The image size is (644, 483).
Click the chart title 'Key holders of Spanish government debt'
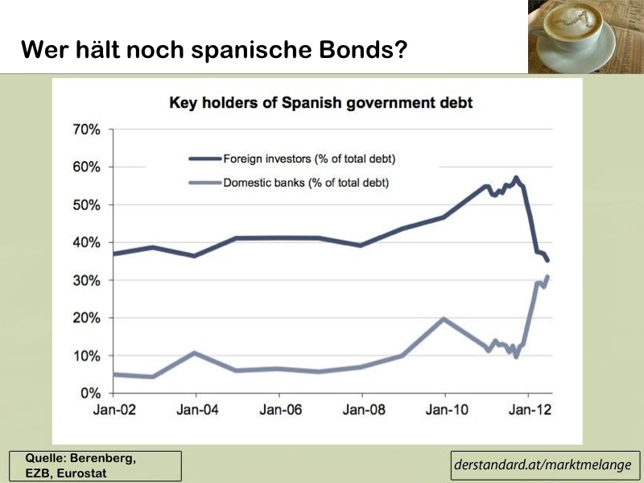pyautogui.click(x=320, y=102)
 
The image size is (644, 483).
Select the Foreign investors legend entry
pyautogui.click(x=292, y=159)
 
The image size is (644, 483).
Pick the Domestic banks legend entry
pyautogui.click(x=289, y=183)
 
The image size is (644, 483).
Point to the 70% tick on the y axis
pyautogui.click(x=87, y=130)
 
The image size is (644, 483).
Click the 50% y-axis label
pyautogui.click(x=87, y=205)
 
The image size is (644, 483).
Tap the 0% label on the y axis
pyautogui.click(x=90, y=394)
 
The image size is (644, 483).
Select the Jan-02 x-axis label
pyautogui.click(x=114, y=410)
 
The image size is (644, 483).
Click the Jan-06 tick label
pyautogui.click(x=280, y=410)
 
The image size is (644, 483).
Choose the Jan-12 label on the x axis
pyautogui.click(x=530, y=410)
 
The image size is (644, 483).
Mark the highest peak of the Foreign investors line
pyautogui.click(x=516, y=178)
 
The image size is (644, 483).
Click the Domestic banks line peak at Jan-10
pyautogui.click(x=444, y=319)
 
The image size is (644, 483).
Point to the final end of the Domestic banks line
pyautogui.click(x=547, y=276)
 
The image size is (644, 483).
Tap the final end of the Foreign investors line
pyautogui.click(x=547, y=260)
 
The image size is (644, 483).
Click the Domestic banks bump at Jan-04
pyautogui.click(x=194, y=353)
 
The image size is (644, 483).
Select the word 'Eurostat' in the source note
pyautogui.click(x=81, y=473)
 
